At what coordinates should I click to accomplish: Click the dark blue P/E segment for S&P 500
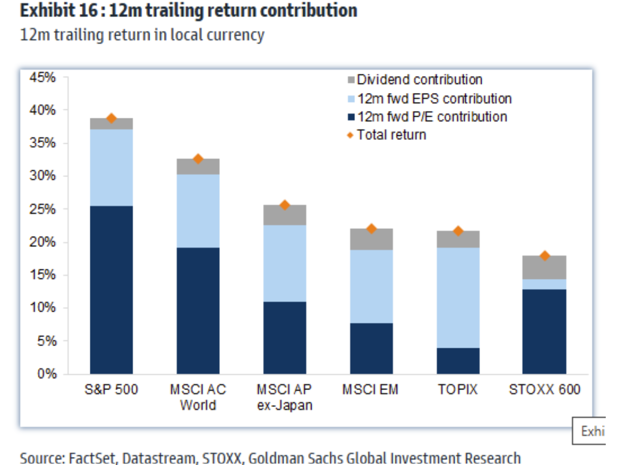111,290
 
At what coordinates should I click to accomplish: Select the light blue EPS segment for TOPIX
458,297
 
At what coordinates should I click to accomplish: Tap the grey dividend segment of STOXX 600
544,267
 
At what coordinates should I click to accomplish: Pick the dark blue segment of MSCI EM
371,349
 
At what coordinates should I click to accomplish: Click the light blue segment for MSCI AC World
198,211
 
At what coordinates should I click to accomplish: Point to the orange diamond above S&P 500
111,118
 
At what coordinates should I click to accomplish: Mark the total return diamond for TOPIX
458,231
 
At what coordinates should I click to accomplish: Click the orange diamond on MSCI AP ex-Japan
285,205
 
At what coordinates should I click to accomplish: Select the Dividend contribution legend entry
419,80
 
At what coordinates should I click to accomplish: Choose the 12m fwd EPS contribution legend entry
434,98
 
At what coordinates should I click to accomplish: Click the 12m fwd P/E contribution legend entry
431,117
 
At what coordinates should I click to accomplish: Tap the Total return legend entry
391,135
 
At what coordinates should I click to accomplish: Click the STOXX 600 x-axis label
544,390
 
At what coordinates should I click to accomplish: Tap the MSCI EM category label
370,390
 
